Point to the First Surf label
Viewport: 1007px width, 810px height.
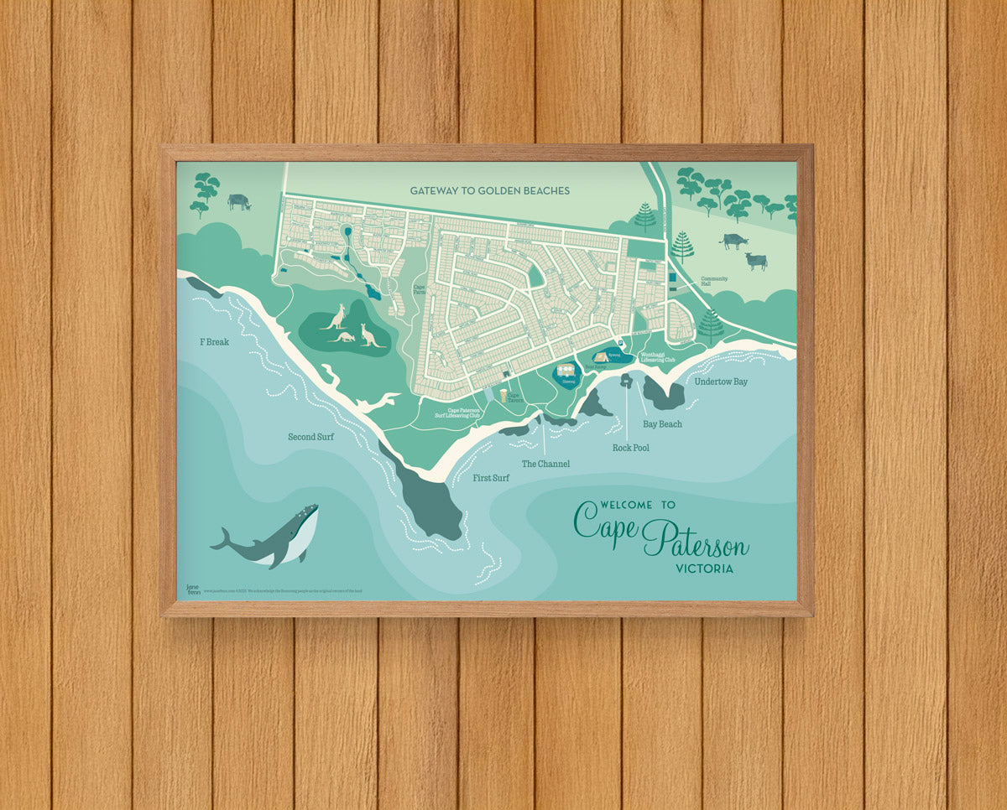491,478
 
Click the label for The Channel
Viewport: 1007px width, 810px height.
545,464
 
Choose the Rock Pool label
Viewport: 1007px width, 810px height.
630,448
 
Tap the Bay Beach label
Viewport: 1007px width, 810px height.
662,424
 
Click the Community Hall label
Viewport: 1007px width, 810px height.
714,281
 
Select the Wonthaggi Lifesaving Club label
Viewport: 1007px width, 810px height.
658,357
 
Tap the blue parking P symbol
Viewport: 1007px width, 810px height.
620,343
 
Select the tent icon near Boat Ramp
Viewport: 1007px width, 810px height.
600,356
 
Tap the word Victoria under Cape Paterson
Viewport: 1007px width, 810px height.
704,569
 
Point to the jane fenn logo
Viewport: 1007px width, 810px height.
192,589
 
